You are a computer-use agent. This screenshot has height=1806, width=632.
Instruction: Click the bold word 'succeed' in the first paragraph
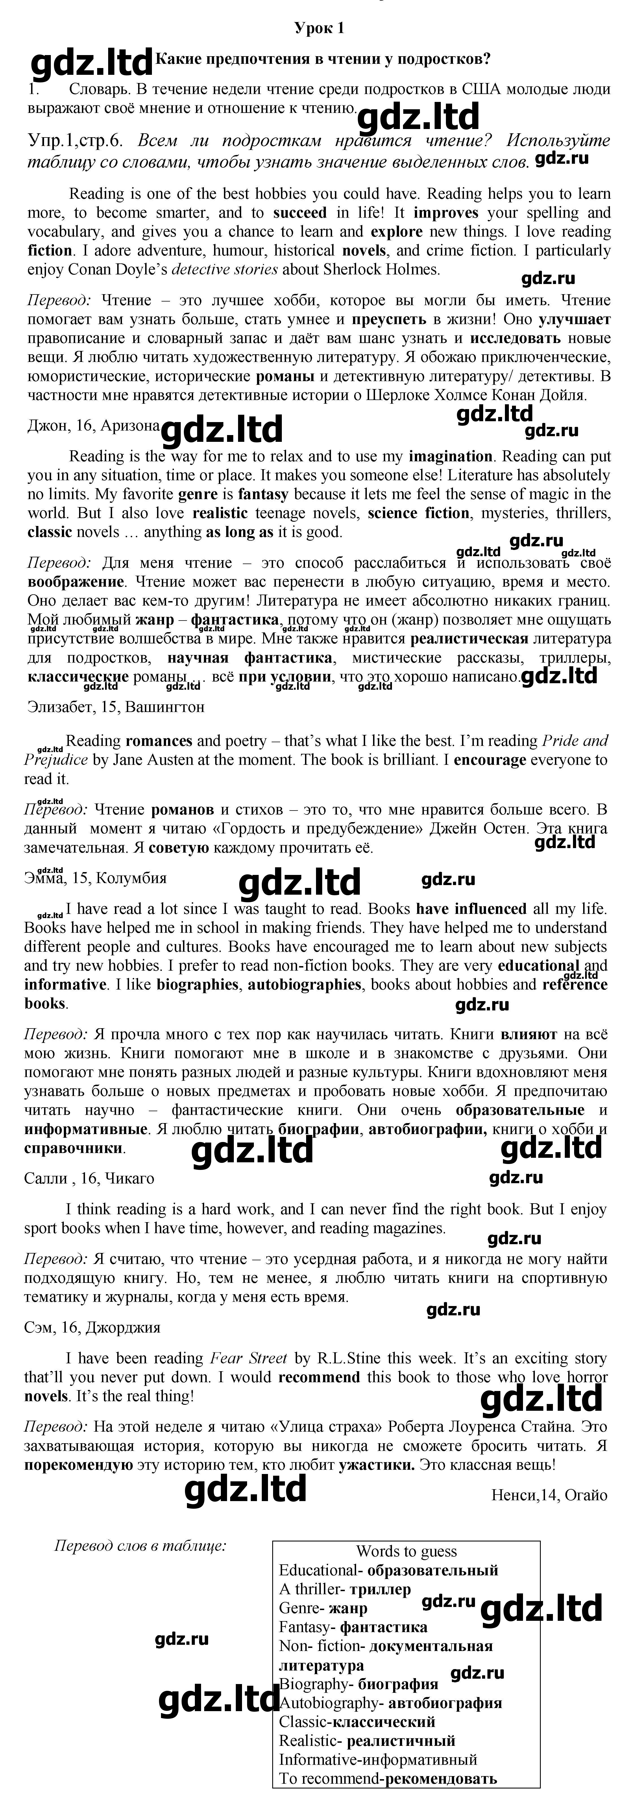point(300,213)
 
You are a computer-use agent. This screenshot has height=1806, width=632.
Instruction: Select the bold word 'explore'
point(396,232)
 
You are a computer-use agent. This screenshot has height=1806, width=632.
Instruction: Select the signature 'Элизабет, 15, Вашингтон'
point(116,707)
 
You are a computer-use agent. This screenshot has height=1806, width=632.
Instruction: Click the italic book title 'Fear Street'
point(249,1358)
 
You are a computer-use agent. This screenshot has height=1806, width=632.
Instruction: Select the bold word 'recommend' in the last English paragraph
point(319,1377)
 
